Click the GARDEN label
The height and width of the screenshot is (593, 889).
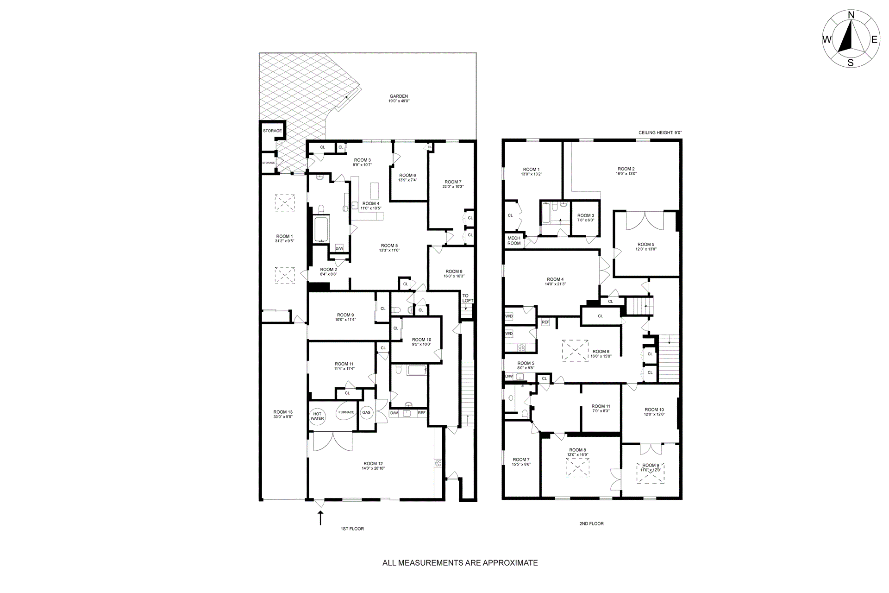pos(399,96)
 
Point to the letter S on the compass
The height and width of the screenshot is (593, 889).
pos(851,63)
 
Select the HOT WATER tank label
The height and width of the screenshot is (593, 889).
pos(317,416)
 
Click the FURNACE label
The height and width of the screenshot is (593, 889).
pos(346,412)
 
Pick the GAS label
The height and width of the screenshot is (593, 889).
pos(366,412)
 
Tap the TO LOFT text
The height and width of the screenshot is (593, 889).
pos(467,298)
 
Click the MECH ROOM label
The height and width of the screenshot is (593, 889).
pos(514,240)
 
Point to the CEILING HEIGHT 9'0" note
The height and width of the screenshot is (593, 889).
pos(660,133)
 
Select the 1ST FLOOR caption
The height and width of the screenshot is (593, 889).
pos(352,529)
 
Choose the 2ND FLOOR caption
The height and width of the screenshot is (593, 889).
pos(591,524)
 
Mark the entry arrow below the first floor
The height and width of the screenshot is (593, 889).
pos(319,518)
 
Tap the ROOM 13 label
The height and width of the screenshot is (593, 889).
pos(283,412)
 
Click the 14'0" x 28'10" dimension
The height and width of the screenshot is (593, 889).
pos(373,468)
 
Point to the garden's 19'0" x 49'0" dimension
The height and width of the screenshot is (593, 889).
pos(399,101)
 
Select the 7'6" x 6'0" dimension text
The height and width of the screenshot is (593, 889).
pos(586,220)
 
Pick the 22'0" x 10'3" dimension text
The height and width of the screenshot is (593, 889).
pos(453,187)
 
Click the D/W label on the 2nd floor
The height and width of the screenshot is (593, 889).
pos(509,376)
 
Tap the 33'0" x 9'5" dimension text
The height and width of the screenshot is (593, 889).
pos(283,416)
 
